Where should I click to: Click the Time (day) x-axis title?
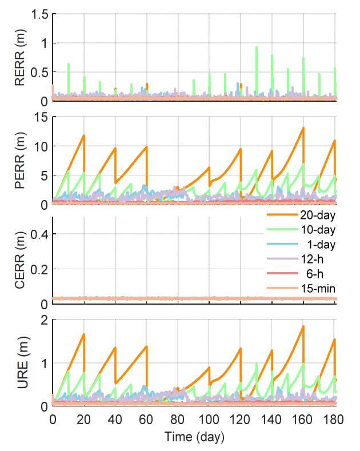(x=194, y=437)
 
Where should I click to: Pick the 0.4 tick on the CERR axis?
(x=40, y=234)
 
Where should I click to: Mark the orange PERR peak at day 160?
(x=303, y=127)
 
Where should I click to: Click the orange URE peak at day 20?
(x=84, y=334)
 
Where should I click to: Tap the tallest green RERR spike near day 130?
(x=256, y=47)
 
